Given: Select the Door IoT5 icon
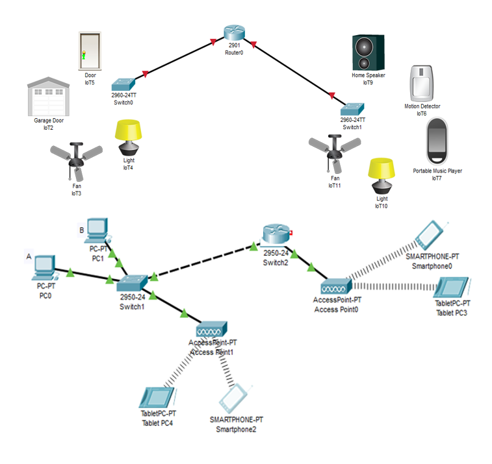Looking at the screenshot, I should [90, 51].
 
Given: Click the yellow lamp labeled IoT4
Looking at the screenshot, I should [128, 138].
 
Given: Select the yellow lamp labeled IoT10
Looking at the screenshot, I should [382, 176].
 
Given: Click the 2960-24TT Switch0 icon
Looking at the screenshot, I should [123, 84].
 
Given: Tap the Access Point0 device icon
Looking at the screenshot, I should [335, 286].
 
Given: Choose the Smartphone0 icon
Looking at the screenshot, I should [430, 235].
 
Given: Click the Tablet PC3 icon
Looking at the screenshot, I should [452, 288].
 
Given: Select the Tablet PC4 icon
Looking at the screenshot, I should [157, 397].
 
